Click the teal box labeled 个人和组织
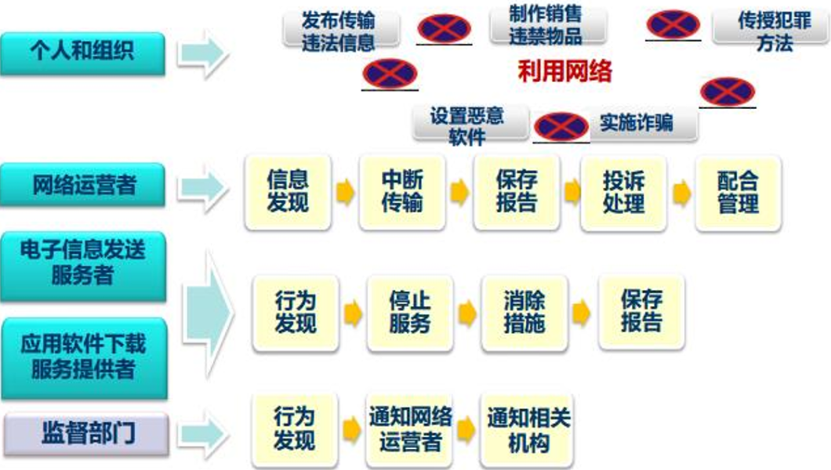[x=82, y=53]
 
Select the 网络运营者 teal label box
[x=82, y=185]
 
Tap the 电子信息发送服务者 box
[x=82, y=265]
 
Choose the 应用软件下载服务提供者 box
[x=82, y=357]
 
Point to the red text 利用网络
[x=564, y=73]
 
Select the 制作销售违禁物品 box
[x=546, y=25]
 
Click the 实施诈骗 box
[x=637, y=124]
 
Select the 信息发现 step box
[x=288, y=193]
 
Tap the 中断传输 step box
[x=402, y=193]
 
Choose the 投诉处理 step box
[x=624, y=193]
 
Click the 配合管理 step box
[x=738, y=193]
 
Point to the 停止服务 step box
[x=409, y=312]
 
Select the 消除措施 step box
[x=524, y=312]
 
